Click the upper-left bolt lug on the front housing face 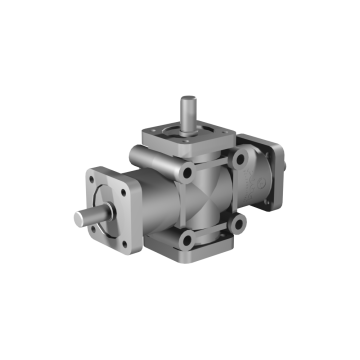(186, 176)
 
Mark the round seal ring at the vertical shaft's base (187, 128)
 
